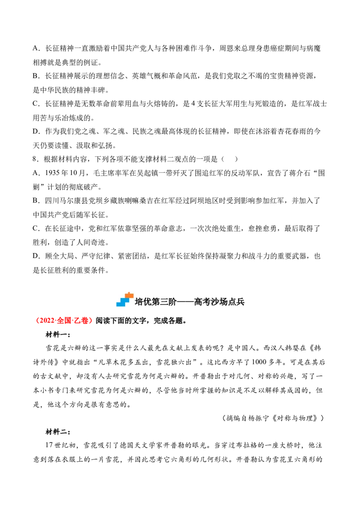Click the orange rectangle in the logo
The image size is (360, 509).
(129, 296)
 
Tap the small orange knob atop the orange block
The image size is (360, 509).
(129, 293)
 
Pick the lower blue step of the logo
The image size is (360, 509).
(121, 304)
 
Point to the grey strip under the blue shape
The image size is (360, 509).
(121, 308)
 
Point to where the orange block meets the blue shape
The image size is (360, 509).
(127, 298)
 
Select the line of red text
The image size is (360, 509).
(65, 321)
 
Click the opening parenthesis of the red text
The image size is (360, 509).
(38, 321)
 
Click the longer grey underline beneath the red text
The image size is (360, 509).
(63, 326)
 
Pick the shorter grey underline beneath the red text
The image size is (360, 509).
(86, 326)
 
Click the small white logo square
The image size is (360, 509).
(126, 300)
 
